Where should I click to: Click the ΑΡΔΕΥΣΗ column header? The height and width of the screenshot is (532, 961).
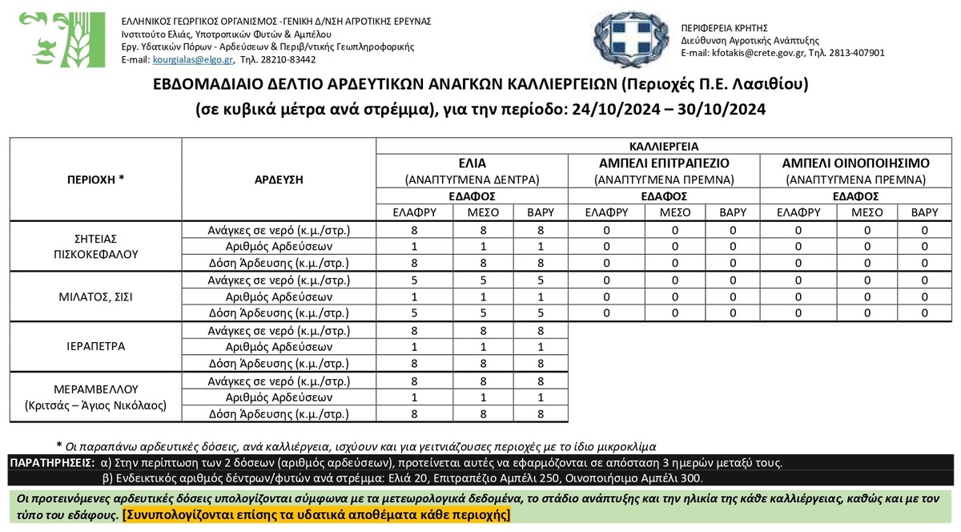point(279,179)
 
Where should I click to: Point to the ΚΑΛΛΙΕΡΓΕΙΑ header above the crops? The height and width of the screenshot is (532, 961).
point(664,147)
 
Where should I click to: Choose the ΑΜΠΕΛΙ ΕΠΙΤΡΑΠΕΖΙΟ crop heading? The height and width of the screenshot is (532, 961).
point(664,163)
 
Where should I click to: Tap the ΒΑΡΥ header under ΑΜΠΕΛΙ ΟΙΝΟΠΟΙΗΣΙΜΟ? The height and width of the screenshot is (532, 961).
point(924,212)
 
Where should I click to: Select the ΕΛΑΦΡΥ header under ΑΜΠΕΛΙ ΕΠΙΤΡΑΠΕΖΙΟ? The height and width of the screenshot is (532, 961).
point(605,212)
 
